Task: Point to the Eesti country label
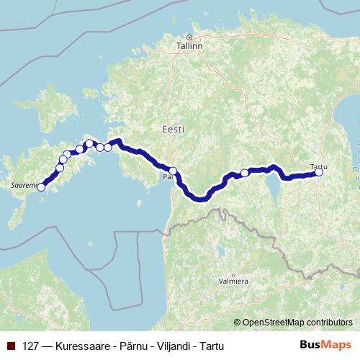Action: tap(173, 130)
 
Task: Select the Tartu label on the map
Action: tap(318, 166)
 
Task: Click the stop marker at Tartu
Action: tap(319, 172)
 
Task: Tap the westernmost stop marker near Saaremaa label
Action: tap(41, 187)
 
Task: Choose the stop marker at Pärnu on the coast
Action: tap(173, 171)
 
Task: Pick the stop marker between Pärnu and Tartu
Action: tap(245, 173)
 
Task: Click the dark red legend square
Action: tap(12, 346)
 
